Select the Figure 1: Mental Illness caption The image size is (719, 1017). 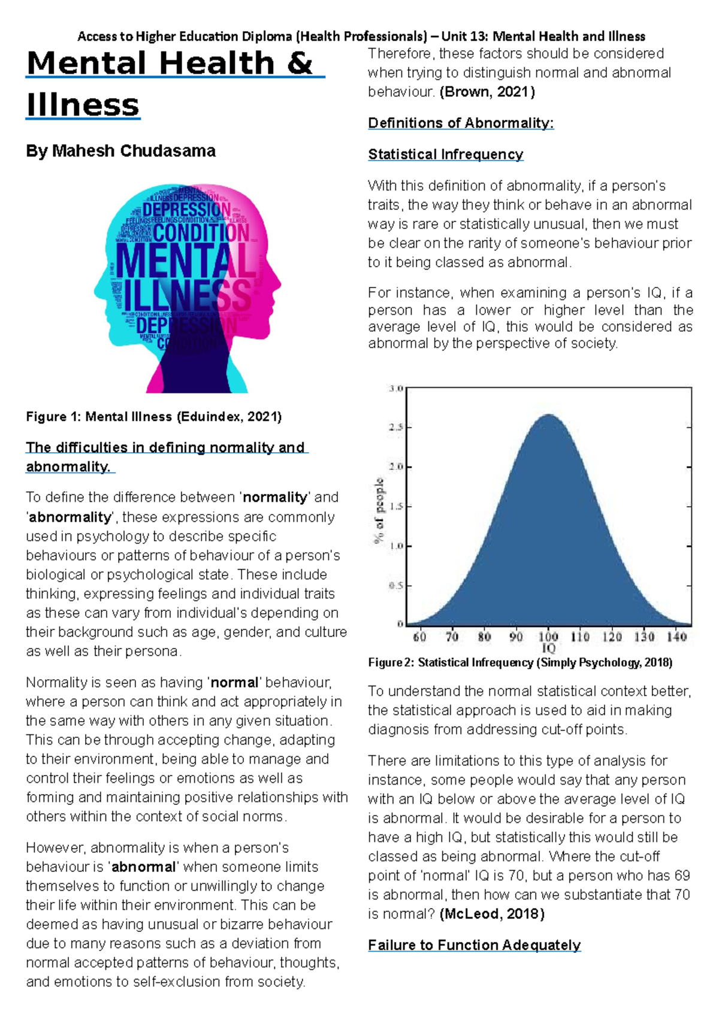(153, 417)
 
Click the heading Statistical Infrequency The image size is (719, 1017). (445, 155)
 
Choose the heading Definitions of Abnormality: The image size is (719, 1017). (460, 123)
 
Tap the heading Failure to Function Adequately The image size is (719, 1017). (474, 945)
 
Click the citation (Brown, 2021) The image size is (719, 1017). (487, 92)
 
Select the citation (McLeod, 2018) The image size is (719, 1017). (492, 914)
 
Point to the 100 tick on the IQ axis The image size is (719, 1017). (548, 637)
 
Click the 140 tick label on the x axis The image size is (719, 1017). (676, 637)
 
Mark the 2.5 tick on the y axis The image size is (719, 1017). (396, 428)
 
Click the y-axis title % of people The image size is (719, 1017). (379, 510)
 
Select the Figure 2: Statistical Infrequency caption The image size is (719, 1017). (519, 662)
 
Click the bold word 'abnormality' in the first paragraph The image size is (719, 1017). (70, 517)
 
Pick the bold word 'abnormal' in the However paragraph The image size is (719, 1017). (144, 867)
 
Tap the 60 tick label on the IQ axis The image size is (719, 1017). (419, 637)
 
